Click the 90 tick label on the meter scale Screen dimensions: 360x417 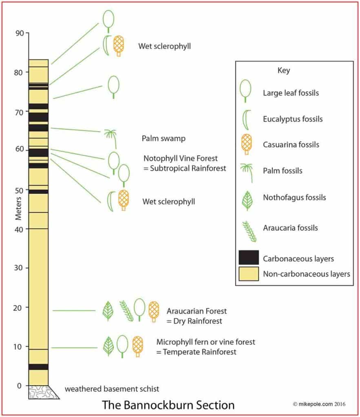coord(20,33)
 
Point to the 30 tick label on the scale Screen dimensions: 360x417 coord(18,268)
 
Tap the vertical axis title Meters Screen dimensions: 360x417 coord(18,208)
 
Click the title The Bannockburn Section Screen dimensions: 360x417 coord(168,405)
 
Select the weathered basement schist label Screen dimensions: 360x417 coord(112,389)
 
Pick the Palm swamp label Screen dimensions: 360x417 coord(163,138)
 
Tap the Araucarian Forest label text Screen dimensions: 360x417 coord(197,311)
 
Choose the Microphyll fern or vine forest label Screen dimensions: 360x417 coord(205,342)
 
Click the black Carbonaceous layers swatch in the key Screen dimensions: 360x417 coord(248,257)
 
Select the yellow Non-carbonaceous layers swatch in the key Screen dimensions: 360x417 coord(248,274)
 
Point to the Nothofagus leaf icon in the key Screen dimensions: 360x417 coord(247,201)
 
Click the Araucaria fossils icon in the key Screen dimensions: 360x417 coord(249,231)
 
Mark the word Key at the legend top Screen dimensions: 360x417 coord(284,70)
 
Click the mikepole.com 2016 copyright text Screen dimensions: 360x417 coord(319,404)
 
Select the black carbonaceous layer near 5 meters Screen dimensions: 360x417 coord(38,367)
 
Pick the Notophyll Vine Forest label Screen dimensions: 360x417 coord(181,158)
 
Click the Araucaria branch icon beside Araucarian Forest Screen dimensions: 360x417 coord(126,311)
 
